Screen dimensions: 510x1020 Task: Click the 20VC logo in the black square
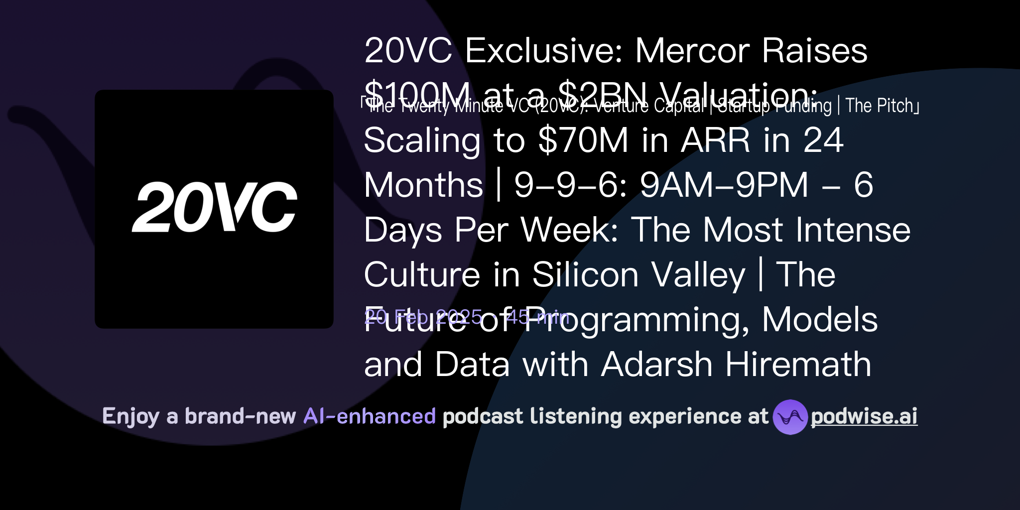tap(214, 207)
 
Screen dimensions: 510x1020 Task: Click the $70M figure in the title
tap(583, 140)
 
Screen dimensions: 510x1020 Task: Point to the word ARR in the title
tap(716, 140)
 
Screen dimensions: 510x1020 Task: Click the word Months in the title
tap(423, 185)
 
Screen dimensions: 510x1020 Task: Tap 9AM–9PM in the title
tap(724, 185)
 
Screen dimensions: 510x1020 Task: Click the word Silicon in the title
tap(585, 275)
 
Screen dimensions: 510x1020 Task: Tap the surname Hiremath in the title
tap(798, 365)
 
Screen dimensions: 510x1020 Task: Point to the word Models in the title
tap(819, 320)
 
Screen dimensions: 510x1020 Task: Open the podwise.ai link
tap(864, 417)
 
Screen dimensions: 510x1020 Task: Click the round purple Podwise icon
tap(790, 417)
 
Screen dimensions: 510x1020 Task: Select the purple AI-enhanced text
tap(370, 416)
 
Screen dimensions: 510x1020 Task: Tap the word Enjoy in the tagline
tap(130, 417)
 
